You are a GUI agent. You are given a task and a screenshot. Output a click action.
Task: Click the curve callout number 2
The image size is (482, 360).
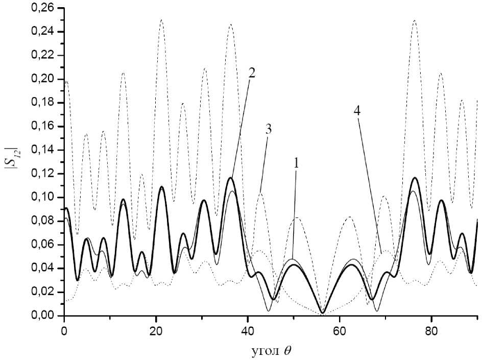252,72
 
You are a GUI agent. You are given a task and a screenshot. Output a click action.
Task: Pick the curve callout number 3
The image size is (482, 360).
268,129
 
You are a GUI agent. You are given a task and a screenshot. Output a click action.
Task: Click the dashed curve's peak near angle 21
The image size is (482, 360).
161,20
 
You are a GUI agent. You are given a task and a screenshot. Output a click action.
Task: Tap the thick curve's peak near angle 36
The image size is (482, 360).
231,178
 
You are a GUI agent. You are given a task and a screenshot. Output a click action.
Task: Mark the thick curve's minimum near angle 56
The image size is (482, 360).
322,313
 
